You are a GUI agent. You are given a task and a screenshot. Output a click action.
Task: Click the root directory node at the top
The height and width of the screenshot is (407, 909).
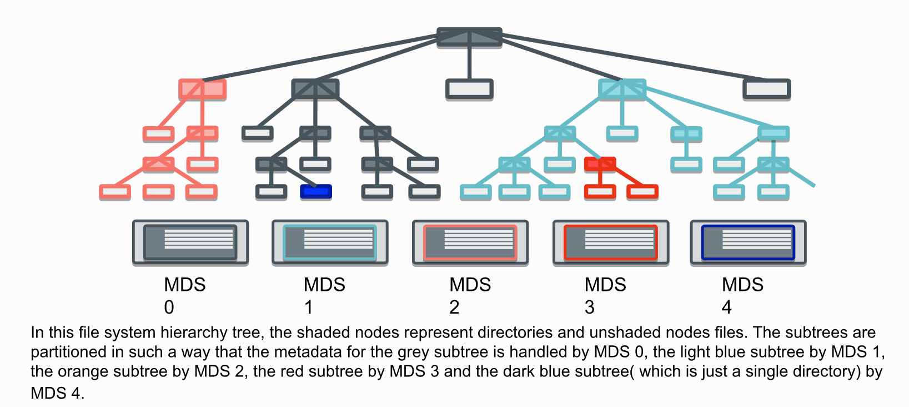point(469,37)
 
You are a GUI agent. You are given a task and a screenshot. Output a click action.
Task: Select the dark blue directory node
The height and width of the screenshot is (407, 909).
point(316,192)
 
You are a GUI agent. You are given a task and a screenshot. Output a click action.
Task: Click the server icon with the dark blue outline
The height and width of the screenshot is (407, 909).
point(748,242)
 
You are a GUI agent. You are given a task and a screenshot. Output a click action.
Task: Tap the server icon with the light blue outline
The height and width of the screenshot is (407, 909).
point(330,242)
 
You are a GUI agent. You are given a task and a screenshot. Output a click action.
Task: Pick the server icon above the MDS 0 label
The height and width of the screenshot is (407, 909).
point(190,242)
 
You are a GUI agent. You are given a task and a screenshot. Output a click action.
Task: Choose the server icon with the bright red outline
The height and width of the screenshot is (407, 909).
point(611,242)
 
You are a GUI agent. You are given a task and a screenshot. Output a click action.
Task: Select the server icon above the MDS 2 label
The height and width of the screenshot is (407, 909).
point(470,242)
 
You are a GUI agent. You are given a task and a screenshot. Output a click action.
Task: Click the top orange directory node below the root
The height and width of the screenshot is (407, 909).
point(202,89)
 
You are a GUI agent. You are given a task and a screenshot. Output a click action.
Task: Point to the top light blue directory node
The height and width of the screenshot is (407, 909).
point(622,89)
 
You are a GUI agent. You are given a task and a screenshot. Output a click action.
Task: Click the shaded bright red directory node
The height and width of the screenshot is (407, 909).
point(600,164)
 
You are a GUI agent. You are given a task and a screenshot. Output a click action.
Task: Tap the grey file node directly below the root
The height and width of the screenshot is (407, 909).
point(469,89)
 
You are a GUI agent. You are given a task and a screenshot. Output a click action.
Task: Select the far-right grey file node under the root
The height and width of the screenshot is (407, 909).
point(766,89)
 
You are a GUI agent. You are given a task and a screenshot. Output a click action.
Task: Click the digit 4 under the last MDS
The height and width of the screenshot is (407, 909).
point(726,307)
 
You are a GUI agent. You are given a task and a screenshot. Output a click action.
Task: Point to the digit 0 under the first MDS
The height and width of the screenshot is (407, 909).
point(169,307)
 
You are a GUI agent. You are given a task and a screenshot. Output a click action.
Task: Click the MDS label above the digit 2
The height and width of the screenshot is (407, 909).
point(470,285)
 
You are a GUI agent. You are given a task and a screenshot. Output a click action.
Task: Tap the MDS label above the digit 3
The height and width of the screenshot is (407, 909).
point(605,285)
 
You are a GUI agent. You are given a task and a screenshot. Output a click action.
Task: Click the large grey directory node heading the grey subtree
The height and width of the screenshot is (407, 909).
point(315,89)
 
